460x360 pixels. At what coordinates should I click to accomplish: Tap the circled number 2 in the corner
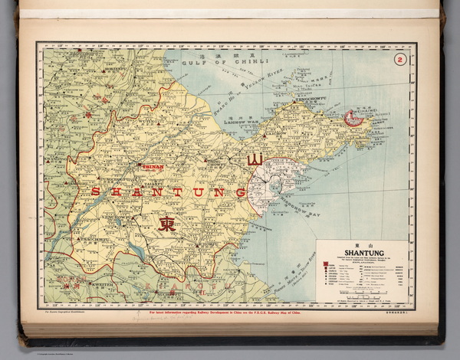398,60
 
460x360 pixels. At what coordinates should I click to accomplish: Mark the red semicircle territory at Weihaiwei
353,118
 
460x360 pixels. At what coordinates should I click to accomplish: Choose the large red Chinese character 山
255,160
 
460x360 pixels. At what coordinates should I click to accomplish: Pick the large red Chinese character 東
166,224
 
